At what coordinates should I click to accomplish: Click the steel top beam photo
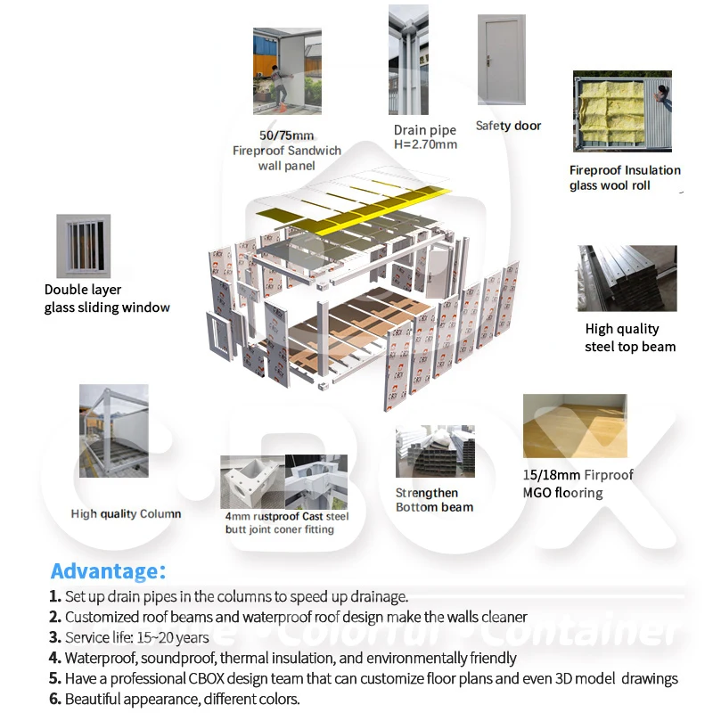(626, 278)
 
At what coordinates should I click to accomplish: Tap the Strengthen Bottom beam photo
(435, 453)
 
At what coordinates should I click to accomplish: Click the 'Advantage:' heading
(108, 571)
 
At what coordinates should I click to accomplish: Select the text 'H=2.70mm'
(425, 144)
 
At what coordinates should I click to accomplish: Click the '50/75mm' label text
(286, 135)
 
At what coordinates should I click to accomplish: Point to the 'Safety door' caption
(508, 126)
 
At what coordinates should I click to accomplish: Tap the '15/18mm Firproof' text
(578, 475)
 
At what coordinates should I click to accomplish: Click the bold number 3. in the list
(55, 637)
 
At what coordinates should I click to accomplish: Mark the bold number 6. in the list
(55, 699)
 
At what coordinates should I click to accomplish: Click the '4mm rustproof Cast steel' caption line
(286, 516)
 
